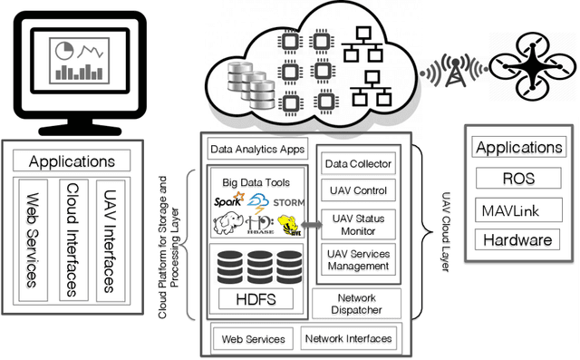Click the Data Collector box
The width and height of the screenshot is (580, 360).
click(358, 163)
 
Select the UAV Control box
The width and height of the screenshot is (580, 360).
click(358, 191)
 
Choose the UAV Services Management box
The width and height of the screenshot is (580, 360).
click(358, 260)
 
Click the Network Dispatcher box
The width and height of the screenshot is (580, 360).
click(356, 303)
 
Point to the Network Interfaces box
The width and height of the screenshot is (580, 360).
click(349, 339)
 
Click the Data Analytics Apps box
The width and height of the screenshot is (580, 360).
click(257, 149)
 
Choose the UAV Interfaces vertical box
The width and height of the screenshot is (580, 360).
click(108, 238)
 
